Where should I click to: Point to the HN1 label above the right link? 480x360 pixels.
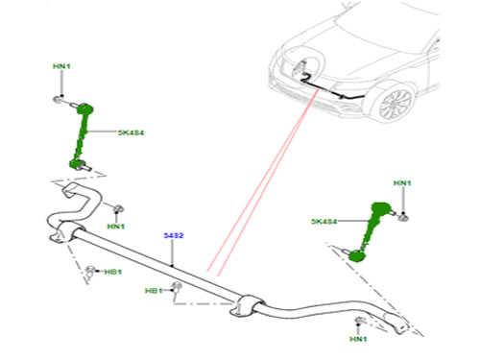coord(402,183)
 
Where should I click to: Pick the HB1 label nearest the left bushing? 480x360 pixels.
coord(112,272)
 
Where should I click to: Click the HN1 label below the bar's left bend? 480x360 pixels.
coord(116,227)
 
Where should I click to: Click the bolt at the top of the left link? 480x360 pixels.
coord(60,99)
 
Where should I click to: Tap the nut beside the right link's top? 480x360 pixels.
coord(403,215)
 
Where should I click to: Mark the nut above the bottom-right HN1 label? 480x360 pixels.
coord(360,320)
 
